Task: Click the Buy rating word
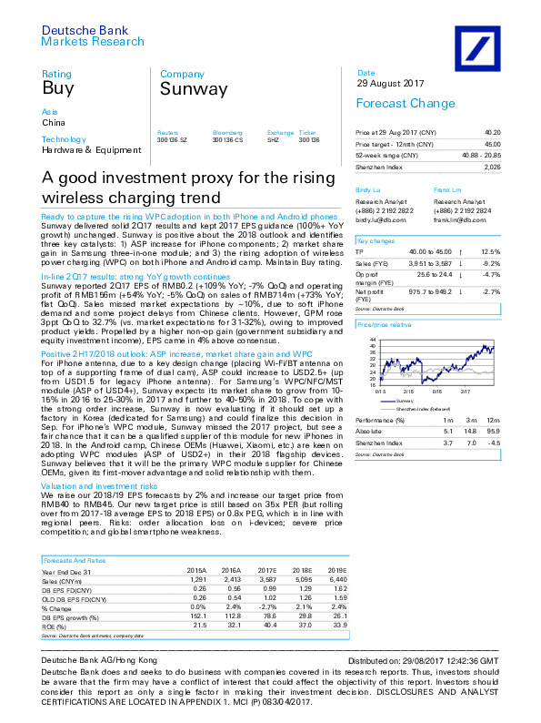(x=56, y=88)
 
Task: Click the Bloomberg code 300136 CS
(x=227, y=138)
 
